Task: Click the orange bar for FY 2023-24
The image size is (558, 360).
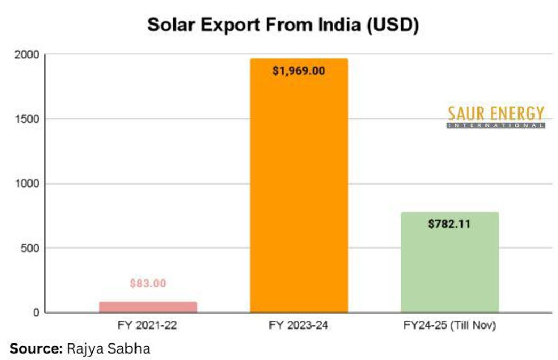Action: click(x=299, y=187)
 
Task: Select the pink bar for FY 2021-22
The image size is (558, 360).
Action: click(x=148, y=307)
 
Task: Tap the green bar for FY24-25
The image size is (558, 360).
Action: click(x=449, y=261)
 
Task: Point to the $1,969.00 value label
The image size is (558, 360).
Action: click(x=299, y=71)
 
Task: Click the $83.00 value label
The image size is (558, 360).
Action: click(x=148, y=284)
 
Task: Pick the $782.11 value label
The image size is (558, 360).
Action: click(x=449, y=224)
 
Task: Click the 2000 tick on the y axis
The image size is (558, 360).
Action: click(x=27, y=54)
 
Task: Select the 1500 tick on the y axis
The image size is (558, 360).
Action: click(x=27, y=119)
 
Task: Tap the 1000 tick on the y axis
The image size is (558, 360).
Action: click(x=27, y=183)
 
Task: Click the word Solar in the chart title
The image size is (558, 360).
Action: click(x=167, y=25)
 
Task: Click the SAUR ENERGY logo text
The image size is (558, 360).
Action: click(x=496, y=114)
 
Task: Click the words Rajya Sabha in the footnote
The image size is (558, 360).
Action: click(x=108, y=349)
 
